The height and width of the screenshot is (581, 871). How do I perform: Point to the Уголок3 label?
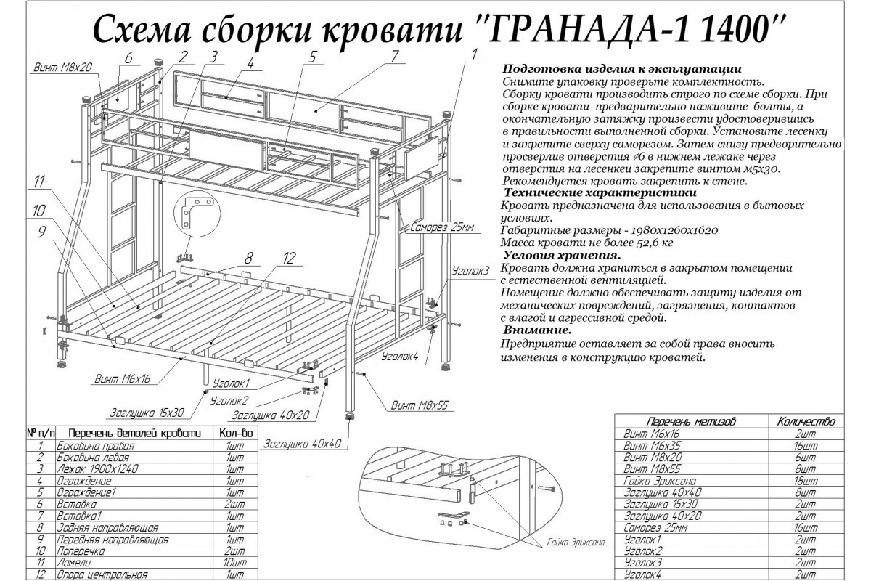tap(471, 270)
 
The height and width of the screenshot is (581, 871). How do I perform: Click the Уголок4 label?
tap(400, 356)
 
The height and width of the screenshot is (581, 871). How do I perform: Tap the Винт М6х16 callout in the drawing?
tap(122, 378)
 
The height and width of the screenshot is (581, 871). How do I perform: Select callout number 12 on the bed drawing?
tap(290, 258)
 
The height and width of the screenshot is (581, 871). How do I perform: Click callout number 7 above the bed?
tap(394, 56)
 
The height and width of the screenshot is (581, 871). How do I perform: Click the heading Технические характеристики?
tap(599, 193)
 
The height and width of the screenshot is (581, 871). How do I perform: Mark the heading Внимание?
tap(537, 330)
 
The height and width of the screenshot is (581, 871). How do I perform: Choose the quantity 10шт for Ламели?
tap(234, 562)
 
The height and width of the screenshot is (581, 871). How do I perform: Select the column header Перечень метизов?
tap(691, 421)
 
